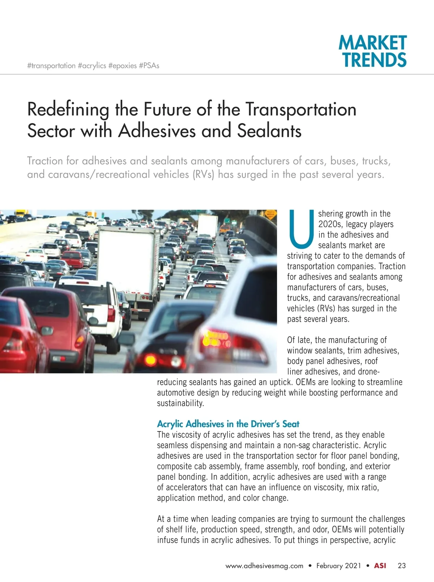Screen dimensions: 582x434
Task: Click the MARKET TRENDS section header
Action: pos(373,51)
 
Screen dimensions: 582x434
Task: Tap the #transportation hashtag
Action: pos(51,66)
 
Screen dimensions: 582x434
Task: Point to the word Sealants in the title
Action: pos(269,131)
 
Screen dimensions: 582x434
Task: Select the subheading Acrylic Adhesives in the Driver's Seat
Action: pos(228,424)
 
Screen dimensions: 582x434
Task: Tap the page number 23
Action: pos(401,566)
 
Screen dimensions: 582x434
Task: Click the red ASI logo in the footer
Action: pos(380,566)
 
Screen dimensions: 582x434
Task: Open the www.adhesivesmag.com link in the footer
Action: pos(264,566)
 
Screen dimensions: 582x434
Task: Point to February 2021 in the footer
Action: pos(339,566)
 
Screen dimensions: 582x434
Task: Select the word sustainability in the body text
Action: pos(180,403)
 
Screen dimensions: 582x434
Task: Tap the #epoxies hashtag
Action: pos(122,66)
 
